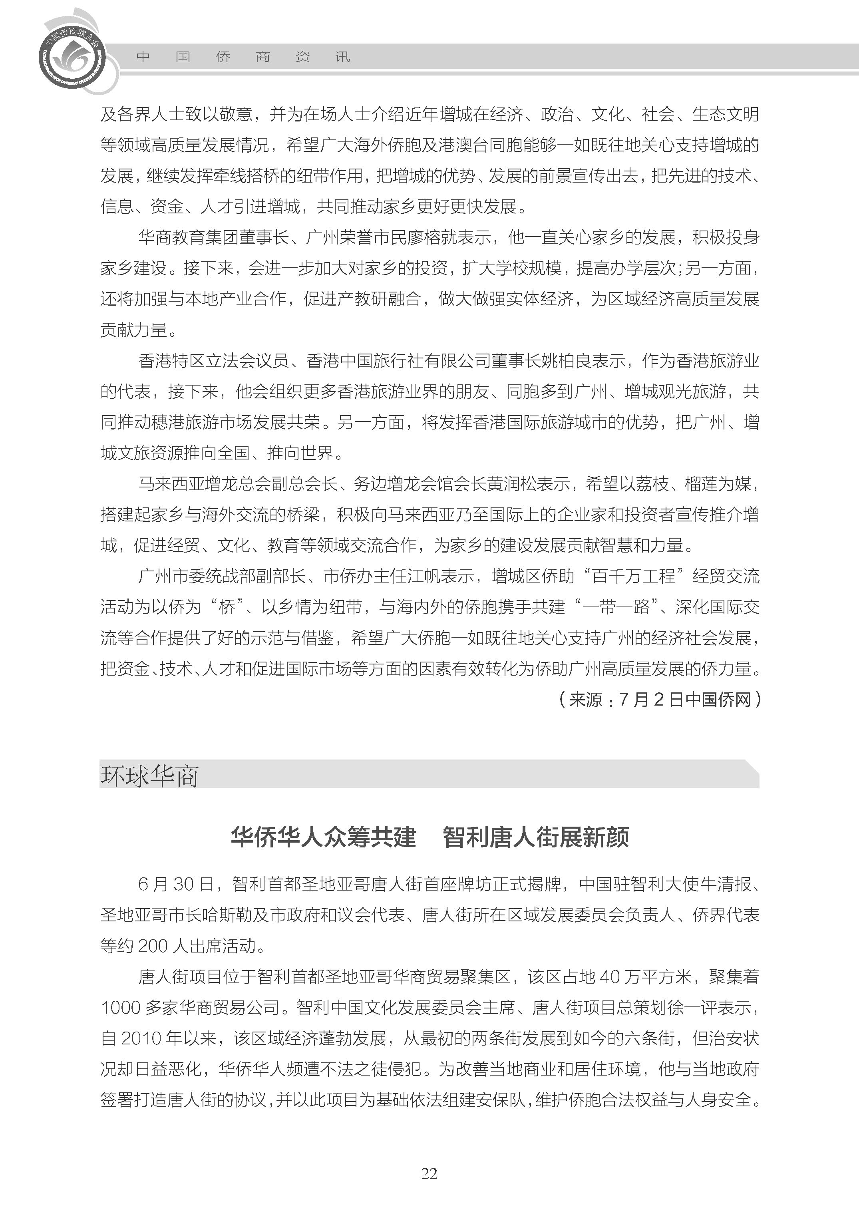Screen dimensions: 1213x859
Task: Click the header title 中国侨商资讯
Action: click(243, 57)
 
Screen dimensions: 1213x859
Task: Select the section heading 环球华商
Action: click(150, 776)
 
